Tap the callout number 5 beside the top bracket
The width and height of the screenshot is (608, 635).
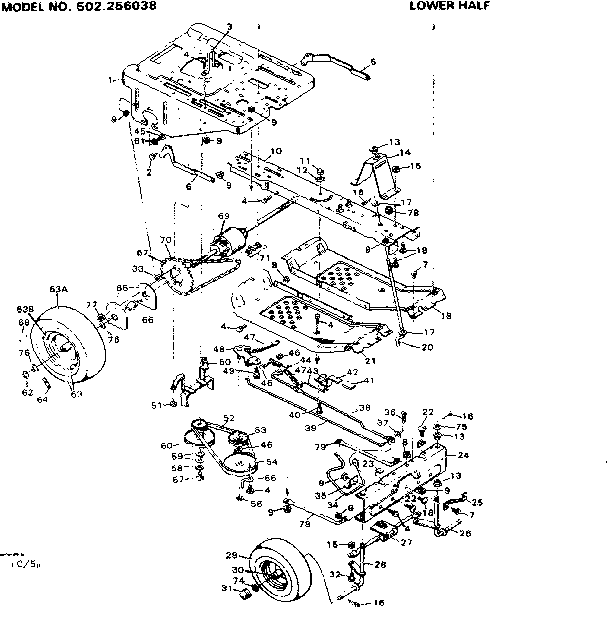372,63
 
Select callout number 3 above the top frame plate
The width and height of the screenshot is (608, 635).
228,26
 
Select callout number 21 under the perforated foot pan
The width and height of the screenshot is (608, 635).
369,360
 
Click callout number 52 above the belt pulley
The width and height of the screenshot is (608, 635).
229,418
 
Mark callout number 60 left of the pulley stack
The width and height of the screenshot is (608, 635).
166,444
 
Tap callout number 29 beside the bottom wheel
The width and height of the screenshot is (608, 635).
230,555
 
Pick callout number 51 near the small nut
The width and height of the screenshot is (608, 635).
156,404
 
